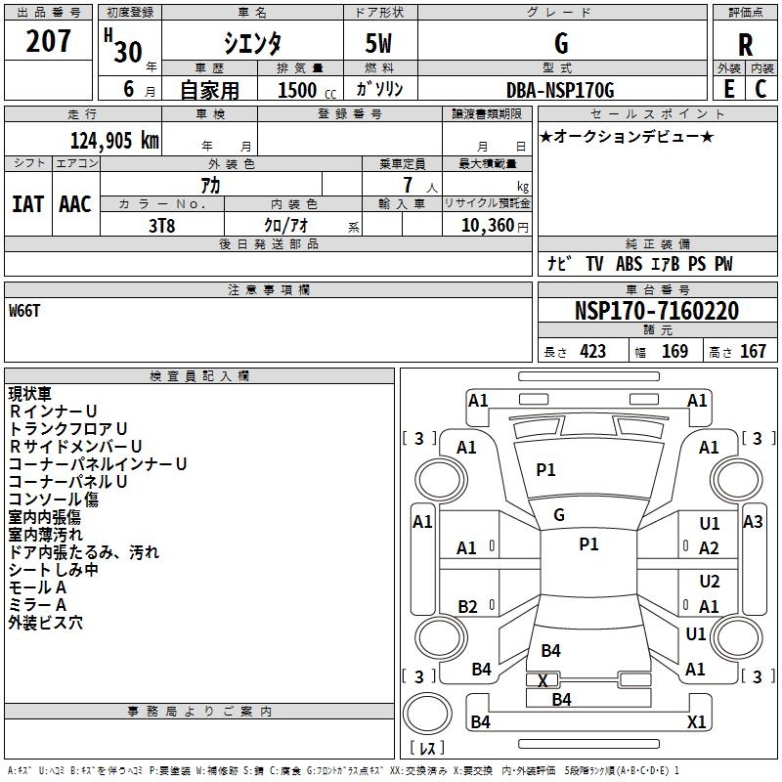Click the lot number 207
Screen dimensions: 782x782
(48, 42)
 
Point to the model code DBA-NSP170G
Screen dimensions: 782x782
(560, 90)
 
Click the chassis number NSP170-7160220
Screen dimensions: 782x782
(656, 311)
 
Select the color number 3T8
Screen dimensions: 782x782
(162, 224)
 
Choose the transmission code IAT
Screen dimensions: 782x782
(27, 204)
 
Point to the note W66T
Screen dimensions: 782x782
(26, 311)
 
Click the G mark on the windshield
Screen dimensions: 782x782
(559, 514)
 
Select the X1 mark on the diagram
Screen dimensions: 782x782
(696, 722)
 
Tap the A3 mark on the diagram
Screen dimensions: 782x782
(753, 522)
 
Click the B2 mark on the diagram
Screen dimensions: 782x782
(467, 607)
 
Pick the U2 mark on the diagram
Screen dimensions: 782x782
(710, 582)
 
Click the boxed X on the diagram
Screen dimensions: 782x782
(543, 680)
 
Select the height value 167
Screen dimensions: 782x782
(753, 352)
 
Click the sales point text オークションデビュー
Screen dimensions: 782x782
(626, 136)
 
